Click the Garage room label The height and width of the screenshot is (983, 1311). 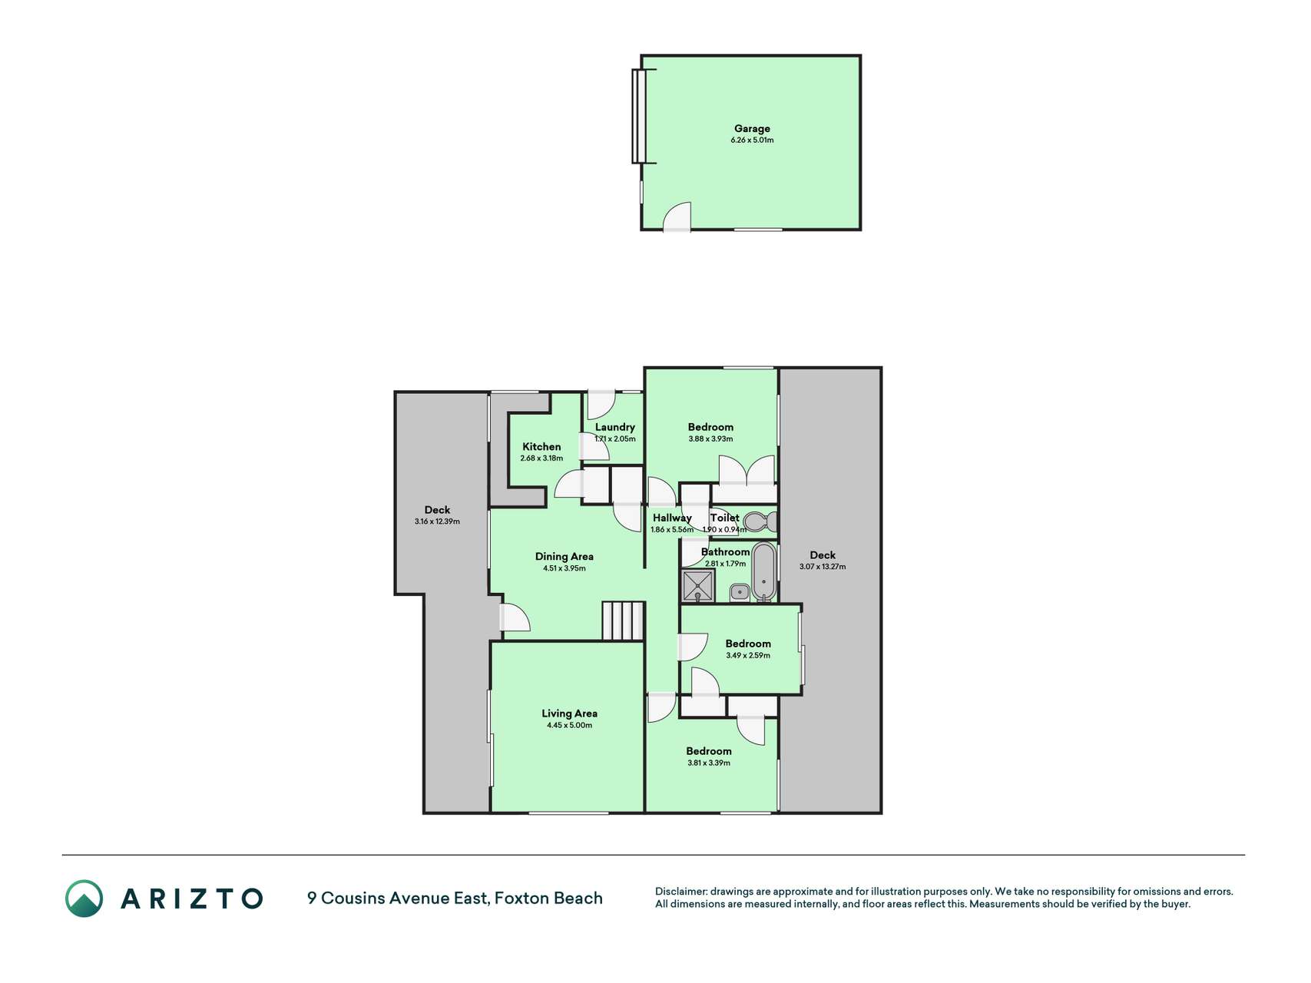pos(752,128)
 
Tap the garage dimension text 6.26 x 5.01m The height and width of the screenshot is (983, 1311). pos(752,141)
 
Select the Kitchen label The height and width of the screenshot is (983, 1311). pos(541,446)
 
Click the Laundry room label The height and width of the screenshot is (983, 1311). pos(615,427)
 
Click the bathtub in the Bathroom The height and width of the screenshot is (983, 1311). pos(763,572)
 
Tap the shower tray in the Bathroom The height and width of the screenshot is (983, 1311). pos(697,586)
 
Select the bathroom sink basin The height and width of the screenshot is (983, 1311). pos(740,592)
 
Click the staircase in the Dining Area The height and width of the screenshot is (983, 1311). pos(622,621)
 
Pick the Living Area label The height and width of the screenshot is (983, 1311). pos(569,713)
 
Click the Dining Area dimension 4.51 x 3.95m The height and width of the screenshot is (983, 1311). pos(564,569)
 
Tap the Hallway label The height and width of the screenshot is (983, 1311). pos(672,518)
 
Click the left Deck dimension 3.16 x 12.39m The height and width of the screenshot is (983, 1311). pos(437,521)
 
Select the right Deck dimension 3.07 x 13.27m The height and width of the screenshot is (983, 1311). pos(823,567)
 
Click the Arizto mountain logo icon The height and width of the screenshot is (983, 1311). pos(84,899)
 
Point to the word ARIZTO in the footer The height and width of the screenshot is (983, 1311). pos(192,899)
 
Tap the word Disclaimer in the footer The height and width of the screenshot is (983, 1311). pos(680,892)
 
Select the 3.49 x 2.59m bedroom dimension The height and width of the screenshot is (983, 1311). pos(748,656)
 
